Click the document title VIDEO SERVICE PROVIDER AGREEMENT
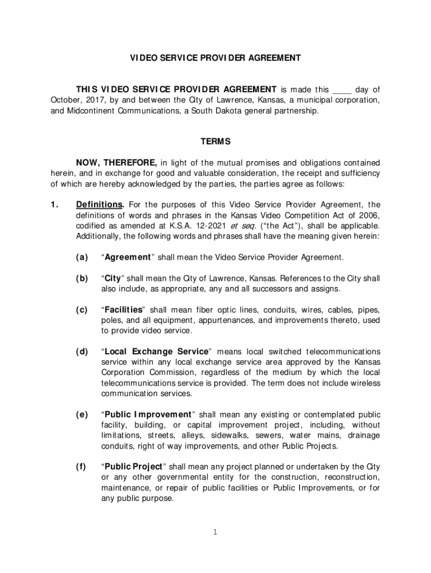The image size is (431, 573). click(215, 58)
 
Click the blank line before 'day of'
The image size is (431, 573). click(342, 90)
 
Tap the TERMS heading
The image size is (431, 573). click(215, 142)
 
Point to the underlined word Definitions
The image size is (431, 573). click(100, 205)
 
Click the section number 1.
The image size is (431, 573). click(50, 205)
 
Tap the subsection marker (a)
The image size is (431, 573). click(82, 257)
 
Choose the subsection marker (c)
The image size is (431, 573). click(82, 310)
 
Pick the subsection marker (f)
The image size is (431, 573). click(82, 467)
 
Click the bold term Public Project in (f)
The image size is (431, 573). click(133, 467)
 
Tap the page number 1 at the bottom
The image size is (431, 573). click(215, 532)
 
